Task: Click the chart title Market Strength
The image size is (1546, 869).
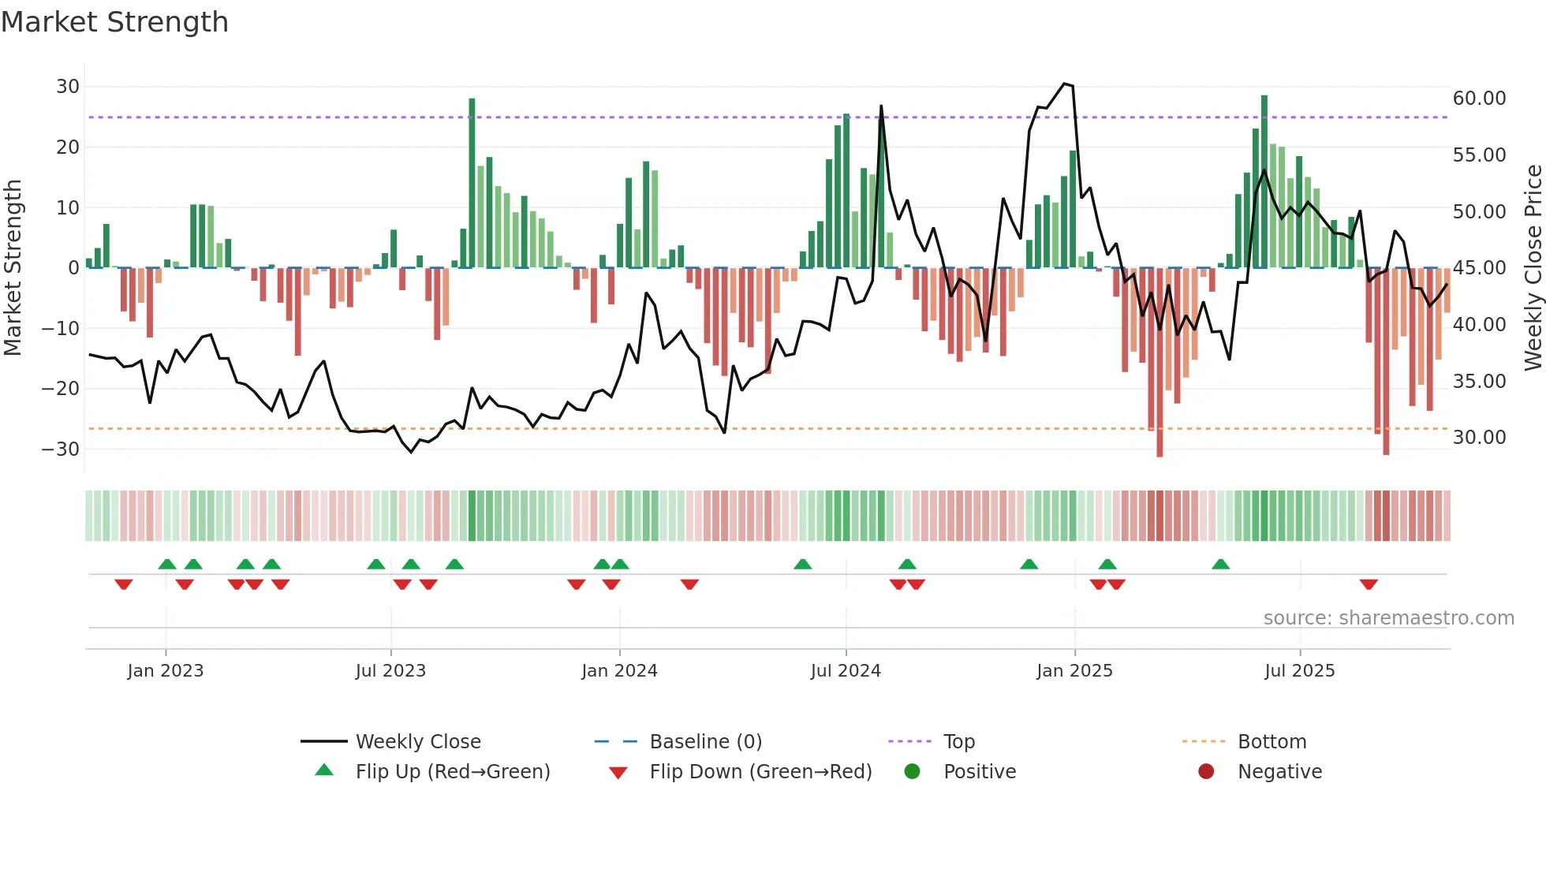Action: tap(114, 22)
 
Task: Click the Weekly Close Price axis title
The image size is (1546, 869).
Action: tap(1533, 267)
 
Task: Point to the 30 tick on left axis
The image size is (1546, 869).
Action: tap(68, 87)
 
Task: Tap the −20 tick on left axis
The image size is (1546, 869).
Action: tap(61, 389)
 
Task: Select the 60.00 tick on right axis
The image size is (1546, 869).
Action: tap(1479, 99)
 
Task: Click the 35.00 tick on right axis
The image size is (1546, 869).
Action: tap(1479, 382)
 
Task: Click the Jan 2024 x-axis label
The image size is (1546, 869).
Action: tap(619, 671)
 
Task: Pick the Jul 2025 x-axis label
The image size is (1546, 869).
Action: tap(1299, 671)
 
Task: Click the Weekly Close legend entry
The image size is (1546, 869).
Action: tap(417, 742)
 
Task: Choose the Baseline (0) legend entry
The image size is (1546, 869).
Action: tap(705, 742)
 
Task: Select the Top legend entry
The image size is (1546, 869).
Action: tap(958, 742)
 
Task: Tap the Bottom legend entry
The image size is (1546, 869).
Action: tap(1272, 742)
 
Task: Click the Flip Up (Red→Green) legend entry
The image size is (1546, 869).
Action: tap(452, 772)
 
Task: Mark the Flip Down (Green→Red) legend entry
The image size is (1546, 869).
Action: tap(760, 772)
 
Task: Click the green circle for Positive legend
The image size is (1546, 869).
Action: tap(912, 772)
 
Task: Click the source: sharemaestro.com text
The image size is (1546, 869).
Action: tap(1388, 618)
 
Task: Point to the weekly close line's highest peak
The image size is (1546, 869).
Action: tap(1064, 84)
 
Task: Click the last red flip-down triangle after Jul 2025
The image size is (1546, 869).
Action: tap(1369, 584)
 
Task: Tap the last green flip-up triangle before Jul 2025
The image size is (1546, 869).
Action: tap(1220, 564)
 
